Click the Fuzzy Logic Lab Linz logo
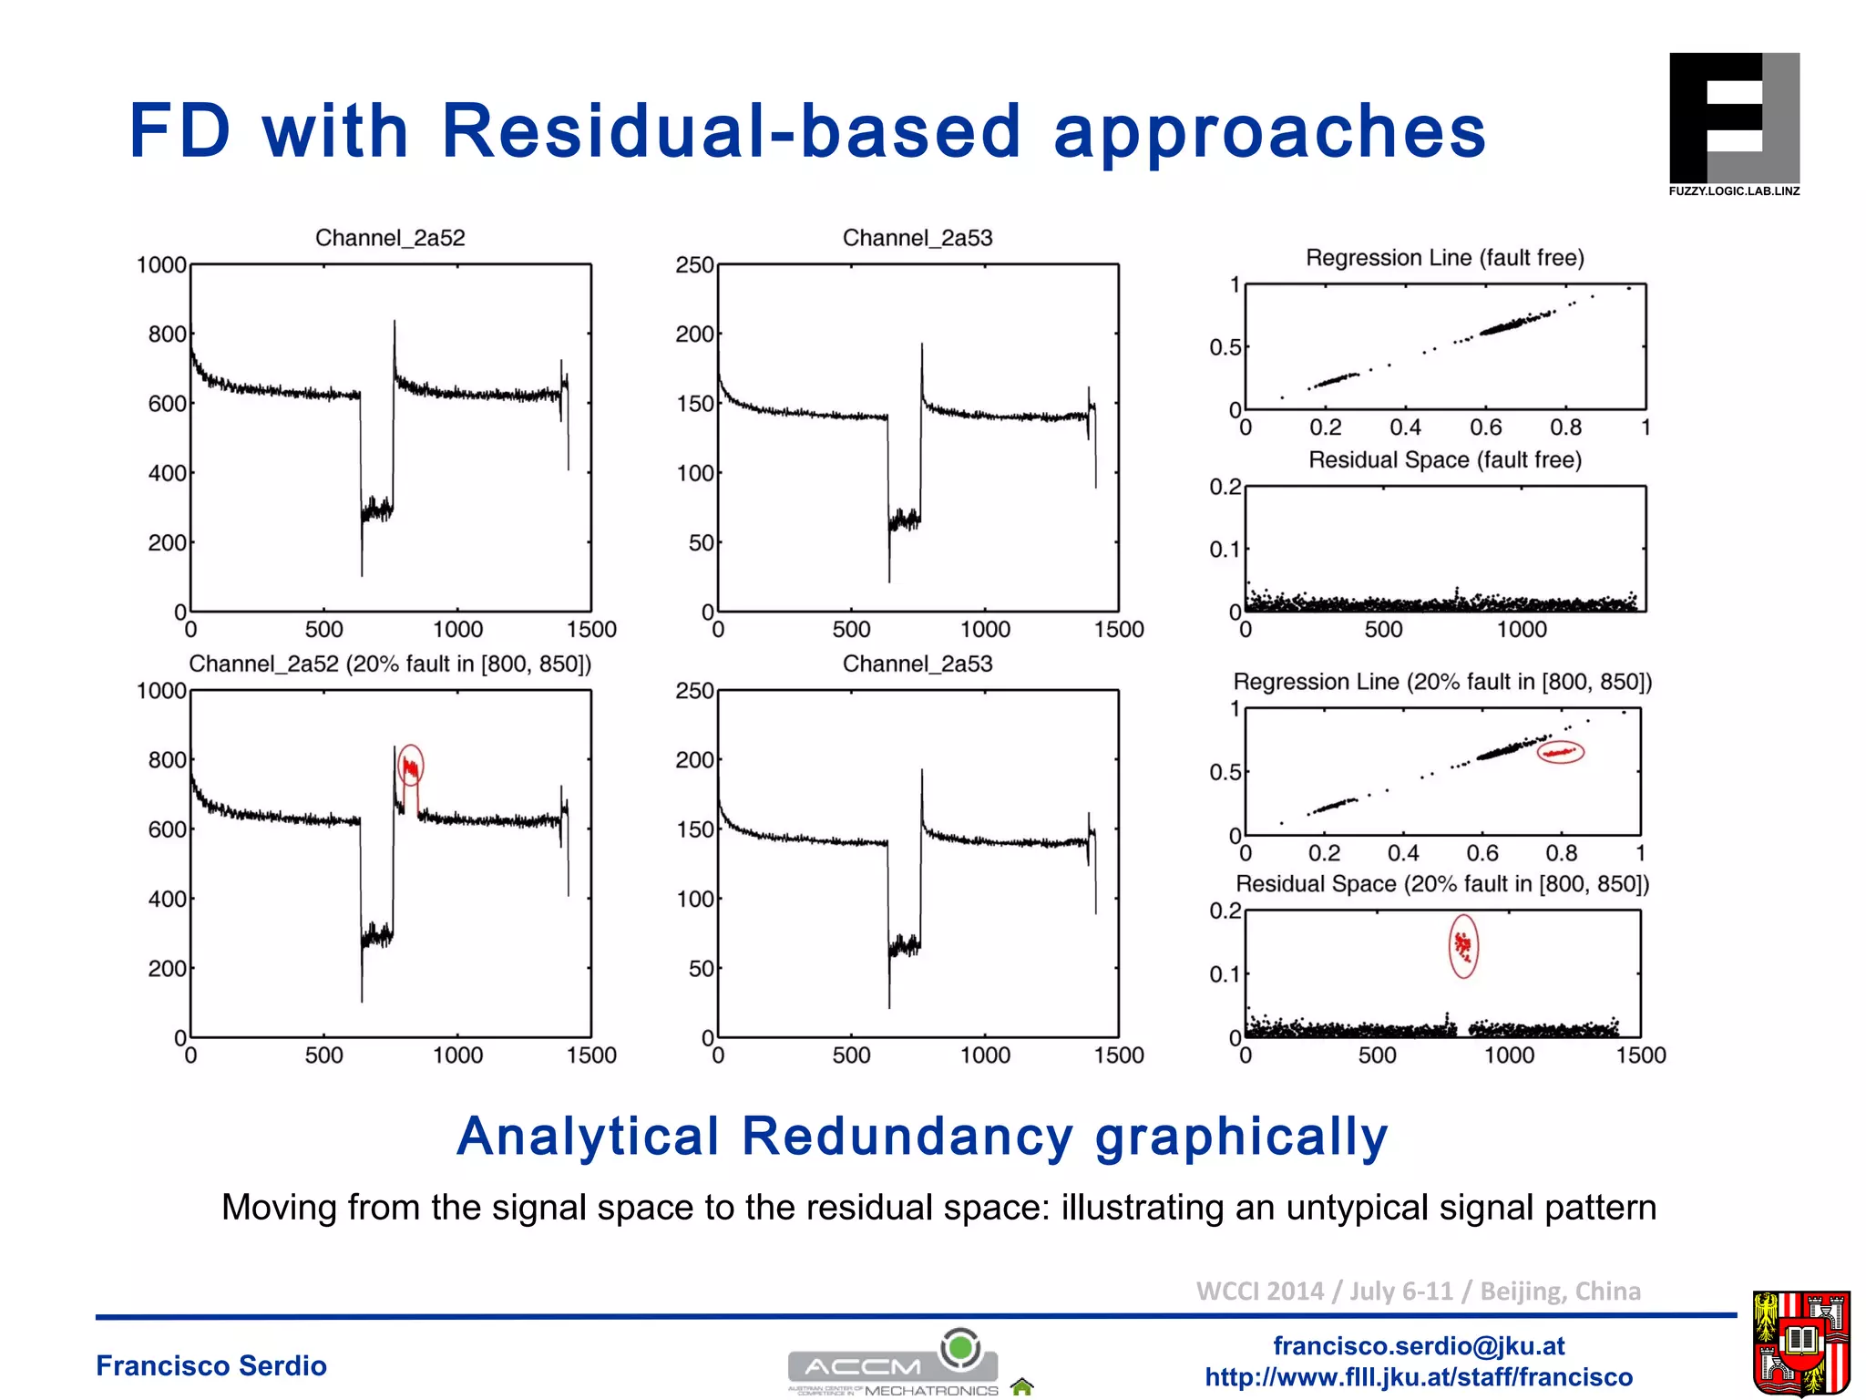[1733, 123]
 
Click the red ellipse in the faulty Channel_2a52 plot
[411, 766]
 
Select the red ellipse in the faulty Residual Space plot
[1463, 946]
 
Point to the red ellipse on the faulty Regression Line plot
[1561, 752]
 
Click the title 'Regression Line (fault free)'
[1444, 258]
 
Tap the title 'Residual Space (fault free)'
[1444, 460]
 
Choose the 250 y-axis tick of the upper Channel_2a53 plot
[694, 265]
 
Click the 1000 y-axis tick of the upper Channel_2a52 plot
[161, 265]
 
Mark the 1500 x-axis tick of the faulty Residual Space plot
[1640, 1055]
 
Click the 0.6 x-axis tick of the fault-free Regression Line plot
[1485, 427]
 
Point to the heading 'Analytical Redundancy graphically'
[922, 1137]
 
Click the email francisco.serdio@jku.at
[1418, 1346]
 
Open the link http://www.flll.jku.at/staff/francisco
[1418, 1377]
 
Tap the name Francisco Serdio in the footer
[211, 1365]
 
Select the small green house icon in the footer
[1022, 1387]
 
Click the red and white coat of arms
[1800, 1343]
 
